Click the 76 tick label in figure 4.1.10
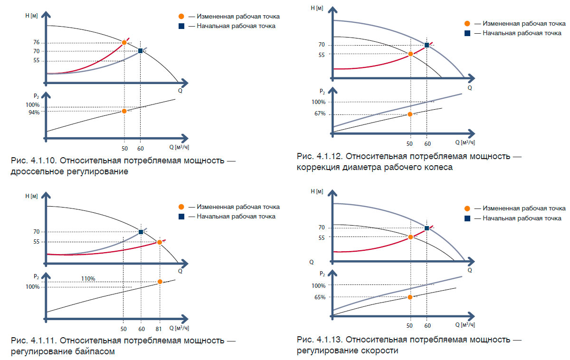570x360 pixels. (x=37, y=43)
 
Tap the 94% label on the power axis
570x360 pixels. (x=33, y=112)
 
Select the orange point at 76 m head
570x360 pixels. (x=124, y=42)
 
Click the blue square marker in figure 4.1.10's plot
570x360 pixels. (x=141, y=51)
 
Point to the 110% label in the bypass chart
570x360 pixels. (x=88, y=279)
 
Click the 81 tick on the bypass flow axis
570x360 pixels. (x=159, y=329)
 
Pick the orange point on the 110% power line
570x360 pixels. (x=160, y=282)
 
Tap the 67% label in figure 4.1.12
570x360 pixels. (x=320, y=114)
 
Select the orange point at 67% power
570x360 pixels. (x=410, y=114)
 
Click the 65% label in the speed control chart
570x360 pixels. (x=320, y=297)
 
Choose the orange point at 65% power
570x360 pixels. (x=410, y=297)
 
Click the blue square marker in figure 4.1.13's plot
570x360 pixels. (x=427, y=228)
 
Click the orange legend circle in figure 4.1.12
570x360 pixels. (x=467, y=23)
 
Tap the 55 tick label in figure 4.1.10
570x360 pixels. (x=37, y=61)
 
